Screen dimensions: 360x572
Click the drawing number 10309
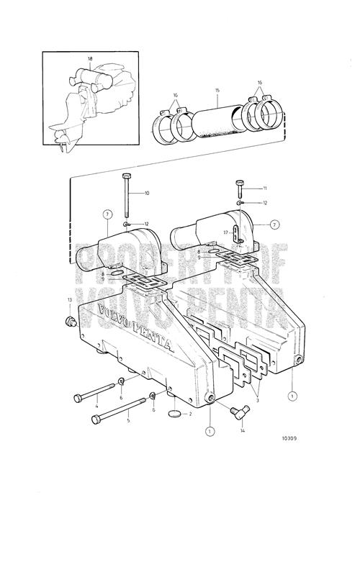pyautogui.click(x=289, y=438)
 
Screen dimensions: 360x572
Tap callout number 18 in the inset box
pyautogui.click(x=90, y=58)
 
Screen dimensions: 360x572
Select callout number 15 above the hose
pyautogui.click(x=217, y=90)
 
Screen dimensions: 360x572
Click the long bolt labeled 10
pyautogui.click(x=126, y=196)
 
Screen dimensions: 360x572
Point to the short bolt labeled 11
pyautogui.click(x=240, y=189)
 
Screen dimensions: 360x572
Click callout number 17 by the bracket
pyautogui.click(x=226, y=232)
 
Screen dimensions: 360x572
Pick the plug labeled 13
pyautogui.click(x=71, y=322)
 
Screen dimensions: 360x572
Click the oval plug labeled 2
pyautogui.click(x=175, y=413)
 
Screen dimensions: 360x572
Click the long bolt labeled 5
pyautogui.click(x=119, y=411)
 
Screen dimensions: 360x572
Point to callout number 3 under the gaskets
pyautogui.click(x=257, y=401)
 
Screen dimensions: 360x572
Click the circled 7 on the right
pyautogui.click(x=274, y=225)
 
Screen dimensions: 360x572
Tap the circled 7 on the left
pyautogui.click(x=107, y=214)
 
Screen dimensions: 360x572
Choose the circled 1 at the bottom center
pyautogui.click(x=210, y=432)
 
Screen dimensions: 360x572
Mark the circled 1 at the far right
pyautogui.click(x=292, y=396)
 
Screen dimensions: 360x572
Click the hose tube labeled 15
pyautogui.click(x=218, y=121)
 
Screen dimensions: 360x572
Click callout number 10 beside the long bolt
pyautogui.click(x=147, y=194)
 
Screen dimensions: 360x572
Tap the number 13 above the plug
pyautogui.click(x=69, y=300)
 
